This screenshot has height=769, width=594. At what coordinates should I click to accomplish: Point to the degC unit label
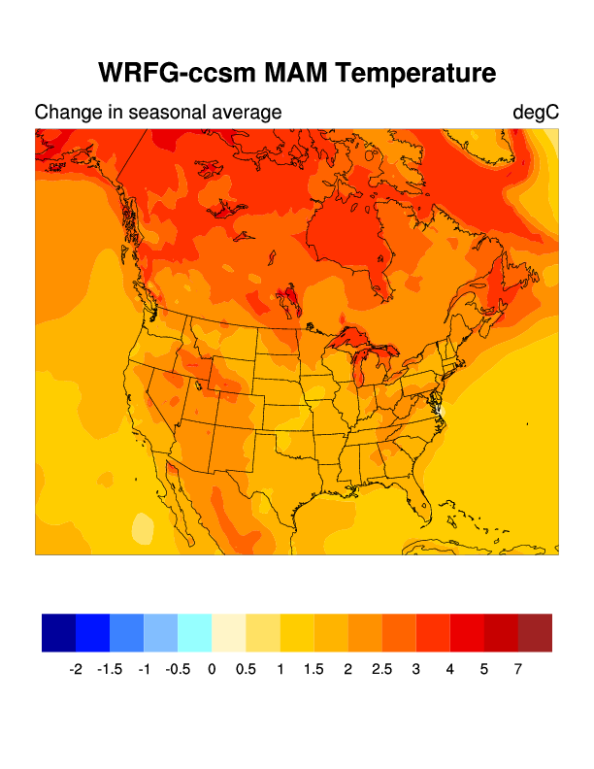click(x=536, y=113)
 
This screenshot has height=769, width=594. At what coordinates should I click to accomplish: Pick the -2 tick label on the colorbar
click(x=76, y=669)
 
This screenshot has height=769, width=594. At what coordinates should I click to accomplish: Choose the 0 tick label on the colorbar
click(x=212, y=669)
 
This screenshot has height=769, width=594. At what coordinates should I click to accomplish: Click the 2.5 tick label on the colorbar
click(x=381, y=669)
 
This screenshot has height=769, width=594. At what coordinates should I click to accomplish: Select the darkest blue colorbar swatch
click(x=58, y=632)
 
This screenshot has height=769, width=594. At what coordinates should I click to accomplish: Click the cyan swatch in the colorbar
click(x=195, y=632)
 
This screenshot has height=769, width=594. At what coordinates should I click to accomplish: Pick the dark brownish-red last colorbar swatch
click(x=535, y=632)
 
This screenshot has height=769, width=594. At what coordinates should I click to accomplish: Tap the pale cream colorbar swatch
click(x=229, y=632)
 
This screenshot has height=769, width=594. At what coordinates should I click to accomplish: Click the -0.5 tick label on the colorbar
click(x=178, y=669)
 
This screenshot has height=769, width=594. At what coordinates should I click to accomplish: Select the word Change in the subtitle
click(x=64, y=113)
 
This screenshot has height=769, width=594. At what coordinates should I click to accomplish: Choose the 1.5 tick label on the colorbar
click(x=313, y=669)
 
